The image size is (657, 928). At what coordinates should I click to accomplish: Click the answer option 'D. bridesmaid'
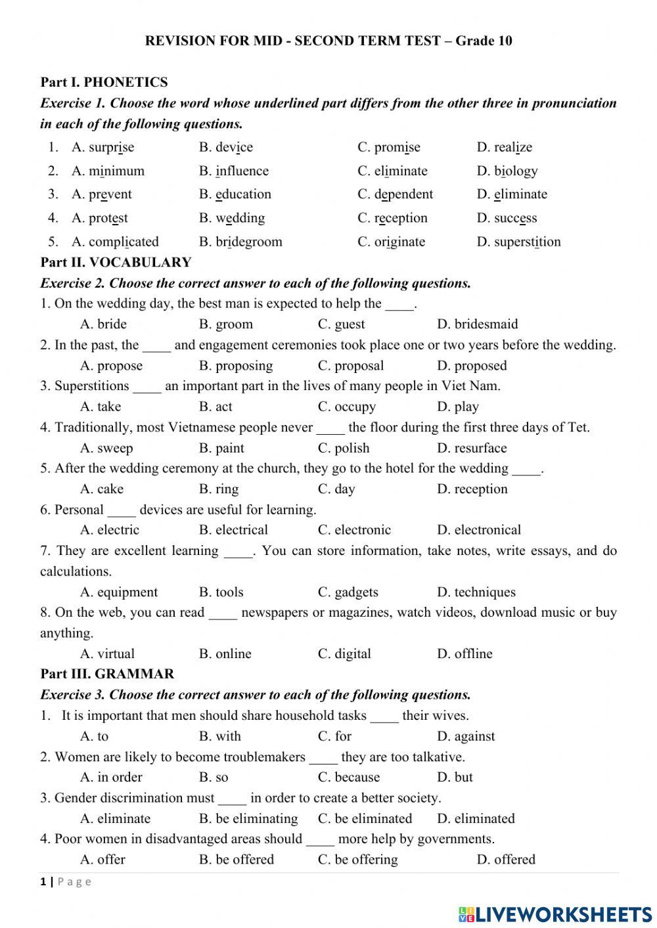(477, 324)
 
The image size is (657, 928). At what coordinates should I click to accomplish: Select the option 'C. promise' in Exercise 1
(388, 147)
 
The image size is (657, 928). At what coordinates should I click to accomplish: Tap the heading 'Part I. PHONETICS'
(104, 82)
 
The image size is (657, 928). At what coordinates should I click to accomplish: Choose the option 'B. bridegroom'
(240, 242)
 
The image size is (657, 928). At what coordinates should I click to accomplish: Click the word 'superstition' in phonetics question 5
(527, 242)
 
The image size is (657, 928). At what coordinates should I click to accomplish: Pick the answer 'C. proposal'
(351, 366)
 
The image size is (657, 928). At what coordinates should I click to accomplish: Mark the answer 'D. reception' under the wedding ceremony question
(472, 489)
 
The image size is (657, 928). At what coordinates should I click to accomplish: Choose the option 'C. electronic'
(354, 530)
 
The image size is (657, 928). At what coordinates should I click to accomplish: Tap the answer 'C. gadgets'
(348, 592)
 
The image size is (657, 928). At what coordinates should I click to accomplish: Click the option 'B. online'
(225, 653)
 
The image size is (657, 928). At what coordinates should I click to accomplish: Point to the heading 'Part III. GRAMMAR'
(107, 674)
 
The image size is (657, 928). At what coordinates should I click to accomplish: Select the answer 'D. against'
(466, 736)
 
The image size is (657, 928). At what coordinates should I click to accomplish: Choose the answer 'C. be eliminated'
(365, 818)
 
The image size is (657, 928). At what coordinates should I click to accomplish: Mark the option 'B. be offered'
(236, 859)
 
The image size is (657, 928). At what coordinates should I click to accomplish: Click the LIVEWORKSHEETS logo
(555, 914)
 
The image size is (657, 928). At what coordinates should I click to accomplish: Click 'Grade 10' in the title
(484, 41)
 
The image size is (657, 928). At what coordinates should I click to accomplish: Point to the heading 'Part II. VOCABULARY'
(116, 262)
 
